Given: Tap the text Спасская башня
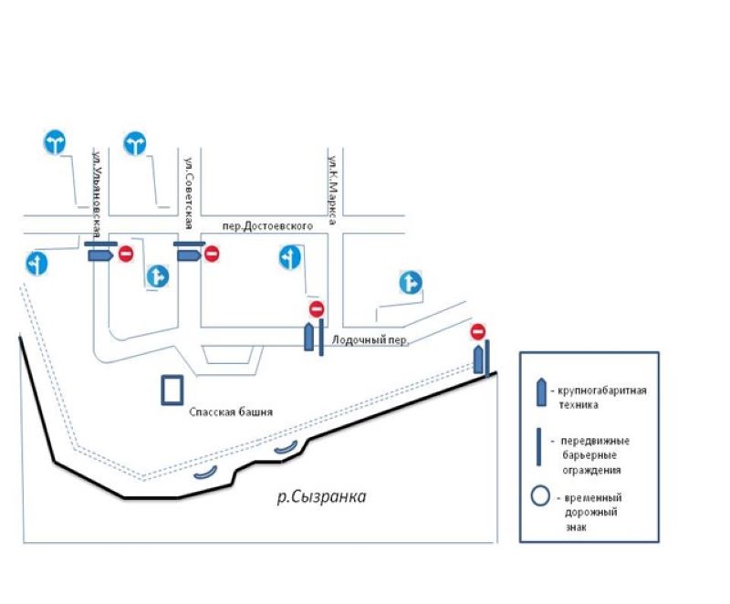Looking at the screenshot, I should [231, 411].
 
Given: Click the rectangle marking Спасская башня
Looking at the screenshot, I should [171, 390].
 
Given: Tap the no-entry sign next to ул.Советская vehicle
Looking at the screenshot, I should [212, 254].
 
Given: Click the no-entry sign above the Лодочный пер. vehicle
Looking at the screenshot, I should [317, 309].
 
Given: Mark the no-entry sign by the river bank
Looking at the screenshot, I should [477, 330].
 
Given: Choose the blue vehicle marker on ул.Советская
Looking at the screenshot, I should [188, 256].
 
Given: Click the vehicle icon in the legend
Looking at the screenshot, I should [541, 391].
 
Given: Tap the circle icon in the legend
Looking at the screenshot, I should [540, 498].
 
